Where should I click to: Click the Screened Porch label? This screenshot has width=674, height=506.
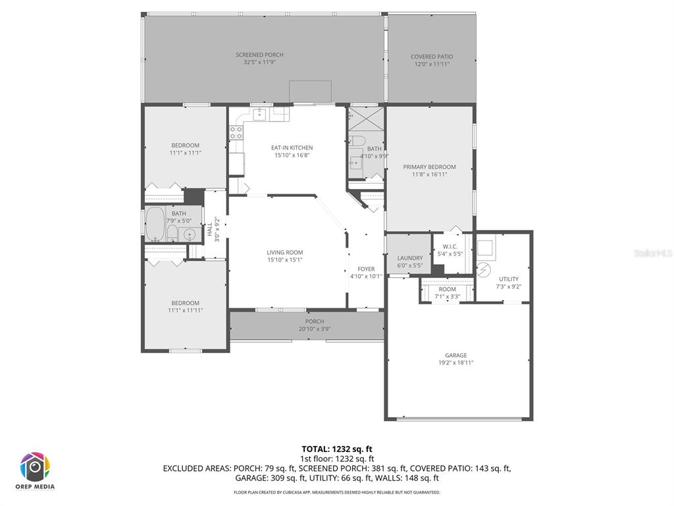point(259,55)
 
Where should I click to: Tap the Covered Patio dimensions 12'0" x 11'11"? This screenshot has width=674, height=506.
point(432,65)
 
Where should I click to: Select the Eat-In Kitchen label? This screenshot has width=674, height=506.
point(292,148)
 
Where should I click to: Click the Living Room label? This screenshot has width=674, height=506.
point(285,252)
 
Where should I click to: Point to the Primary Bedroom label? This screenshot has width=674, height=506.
point(429,167)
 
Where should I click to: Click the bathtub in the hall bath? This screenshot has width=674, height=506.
point(155,224)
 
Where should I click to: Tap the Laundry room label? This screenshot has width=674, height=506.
point(410,258)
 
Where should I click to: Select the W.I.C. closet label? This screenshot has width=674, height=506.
point(450,247)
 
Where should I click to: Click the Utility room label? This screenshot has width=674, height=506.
point(508,279)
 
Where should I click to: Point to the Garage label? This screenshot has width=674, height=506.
point(455,355)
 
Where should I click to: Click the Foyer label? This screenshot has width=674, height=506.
point(366,269)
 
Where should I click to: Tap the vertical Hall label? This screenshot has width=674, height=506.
point(210,230)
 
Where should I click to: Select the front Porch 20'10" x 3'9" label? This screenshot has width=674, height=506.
point(315,322)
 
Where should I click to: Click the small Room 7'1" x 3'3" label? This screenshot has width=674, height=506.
point(447,289)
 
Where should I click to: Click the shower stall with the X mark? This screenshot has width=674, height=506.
point(367,119)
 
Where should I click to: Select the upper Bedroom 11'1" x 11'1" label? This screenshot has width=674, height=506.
point(185,145)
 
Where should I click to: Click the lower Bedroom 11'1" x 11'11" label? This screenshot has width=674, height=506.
point(185,303)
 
